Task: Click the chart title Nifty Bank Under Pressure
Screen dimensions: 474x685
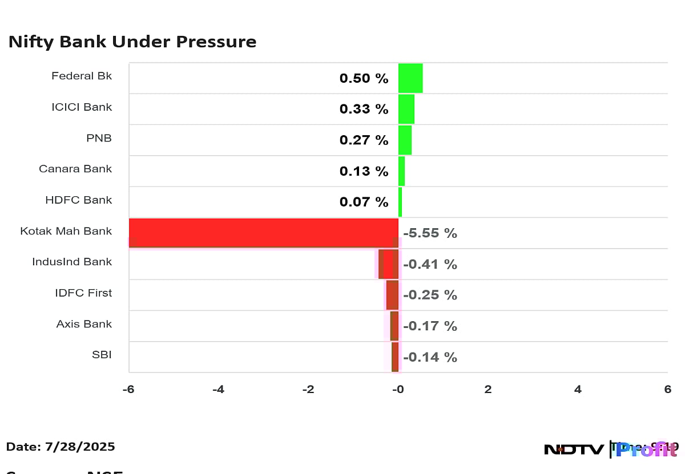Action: (x=132, y=42)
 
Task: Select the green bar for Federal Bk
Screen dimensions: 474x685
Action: (x=410, y=78)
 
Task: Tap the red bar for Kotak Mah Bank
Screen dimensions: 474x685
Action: (x=263, y=233)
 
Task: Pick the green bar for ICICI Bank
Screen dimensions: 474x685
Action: (x=406, y=109)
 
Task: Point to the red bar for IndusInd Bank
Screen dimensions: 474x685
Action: (x=389, y=264)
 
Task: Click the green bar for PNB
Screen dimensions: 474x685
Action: (x=405, y=140)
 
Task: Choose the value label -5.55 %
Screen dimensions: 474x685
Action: (x=430, y=233)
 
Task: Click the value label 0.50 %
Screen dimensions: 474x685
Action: (x=364, y=78)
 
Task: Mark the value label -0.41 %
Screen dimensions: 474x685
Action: (x=430, y=265)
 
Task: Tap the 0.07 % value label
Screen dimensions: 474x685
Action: (x=364, y=202)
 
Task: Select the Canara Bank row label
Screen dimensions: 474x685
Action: (x=75, y=169)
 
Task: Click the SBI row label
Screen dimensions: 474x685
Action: (x=102, y=355)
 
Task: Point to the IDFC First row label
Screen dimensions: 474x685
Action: (x=83, y=293)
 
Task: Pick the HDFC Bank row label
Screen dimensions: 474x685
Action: (x=79, y=200)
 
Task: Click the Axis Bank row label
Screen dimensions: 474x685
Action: (x=84, y=324)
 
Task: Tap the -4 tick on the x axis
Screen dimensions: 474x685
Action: (x=218, y=390)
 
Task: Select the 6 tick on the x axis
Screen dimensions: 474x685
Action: (x=667, y=390)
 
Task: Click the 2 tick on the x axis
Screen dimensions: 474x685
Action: (x=488, y=390)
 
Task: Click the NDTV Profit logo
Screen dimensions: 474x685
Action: (x=611, y=449)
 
